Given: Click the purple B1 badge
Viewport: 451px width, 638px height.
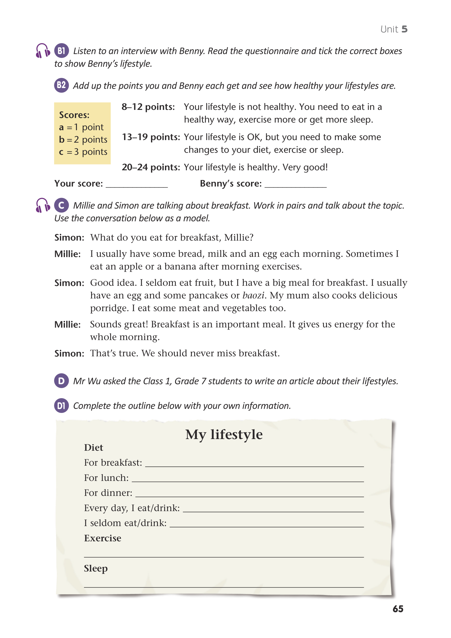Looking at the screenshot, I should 61,51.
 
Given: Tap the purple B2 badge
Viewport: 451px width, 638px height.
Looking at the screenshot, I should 61,85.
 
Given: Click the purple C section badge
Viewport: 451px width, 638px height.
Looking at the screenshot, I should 61,205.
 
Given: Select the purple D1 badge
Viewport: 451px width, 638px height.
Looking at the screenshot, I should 61,406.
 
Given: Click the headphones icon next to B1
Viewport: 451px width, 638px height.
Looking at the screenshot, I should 43,51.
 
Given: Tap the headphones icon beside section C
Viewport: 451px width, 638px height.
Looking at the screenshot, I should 43,205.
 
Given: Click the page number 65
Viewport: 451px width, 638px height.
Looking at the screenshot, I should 398,609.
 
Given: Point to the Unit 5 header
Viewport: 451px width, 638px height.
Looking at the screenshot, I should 393,29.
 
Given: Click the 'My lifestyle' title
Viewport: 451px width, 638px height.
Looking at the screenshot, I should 224,434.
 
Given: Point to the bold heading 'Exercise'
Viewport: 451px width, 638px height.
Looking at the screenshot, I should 103,538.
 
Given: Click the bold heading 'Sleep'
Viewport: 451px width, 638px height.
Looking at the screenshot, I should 96,568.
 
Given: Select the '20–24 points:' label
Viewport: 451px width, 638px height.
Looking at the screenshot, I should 151,167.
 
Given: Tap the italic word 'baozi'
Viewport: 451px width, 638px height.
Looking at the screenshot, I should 253,295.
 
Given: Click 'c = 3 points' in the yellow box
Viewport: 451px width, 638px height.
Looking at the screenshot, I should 83,152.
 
